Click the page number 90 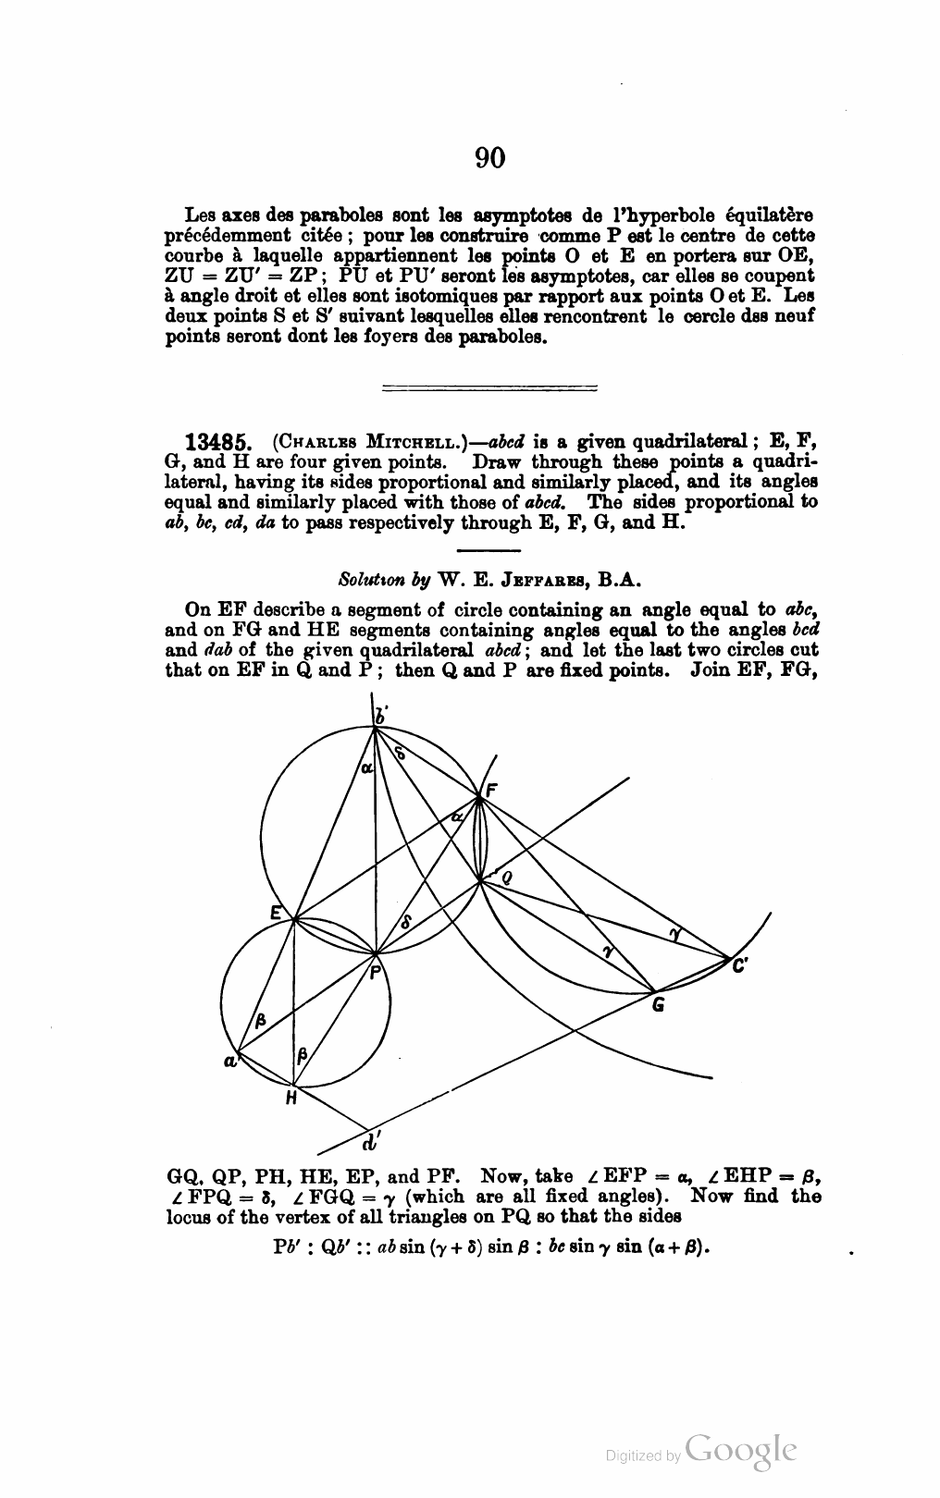point(490,158)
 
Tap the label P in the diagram point(376,972)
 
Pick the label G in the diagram point(658,1004)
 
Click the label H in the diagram point(291,1099)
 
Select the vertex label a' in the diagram point(229,1062)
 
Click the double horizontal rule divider point(489,389)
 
